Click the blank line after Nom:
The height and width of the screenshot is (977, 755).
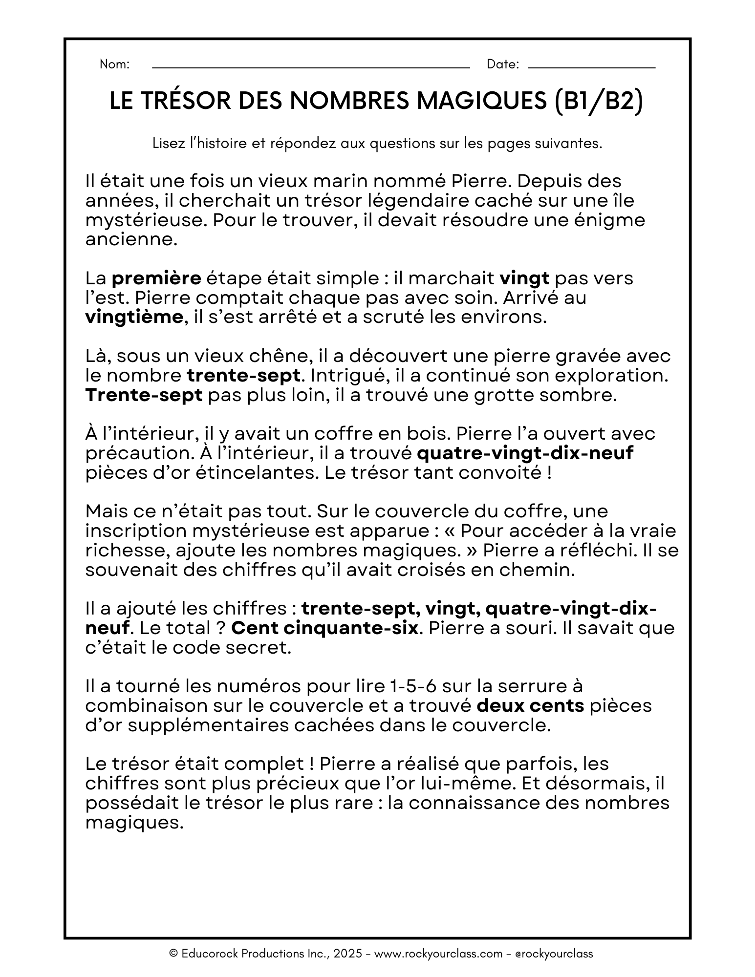[311, 67]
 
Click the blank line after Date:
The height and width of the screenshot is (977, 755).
[591, 67]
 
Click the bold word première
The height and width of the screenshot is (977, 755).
[156, 278]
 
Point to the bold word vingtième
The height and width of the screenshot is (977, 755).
[134, 318]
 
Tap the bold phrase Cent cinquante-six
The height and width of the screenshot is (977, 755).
[324, 628]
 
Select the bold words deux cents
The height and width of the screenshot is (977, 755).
[531, 706]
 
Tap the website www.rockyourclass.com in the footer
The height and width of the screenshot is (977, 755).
[438, 954]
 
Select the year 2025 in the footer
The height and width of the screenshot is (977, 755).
[348, 954]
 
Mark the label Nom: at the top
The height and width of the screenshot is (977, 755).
[114, 64]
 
